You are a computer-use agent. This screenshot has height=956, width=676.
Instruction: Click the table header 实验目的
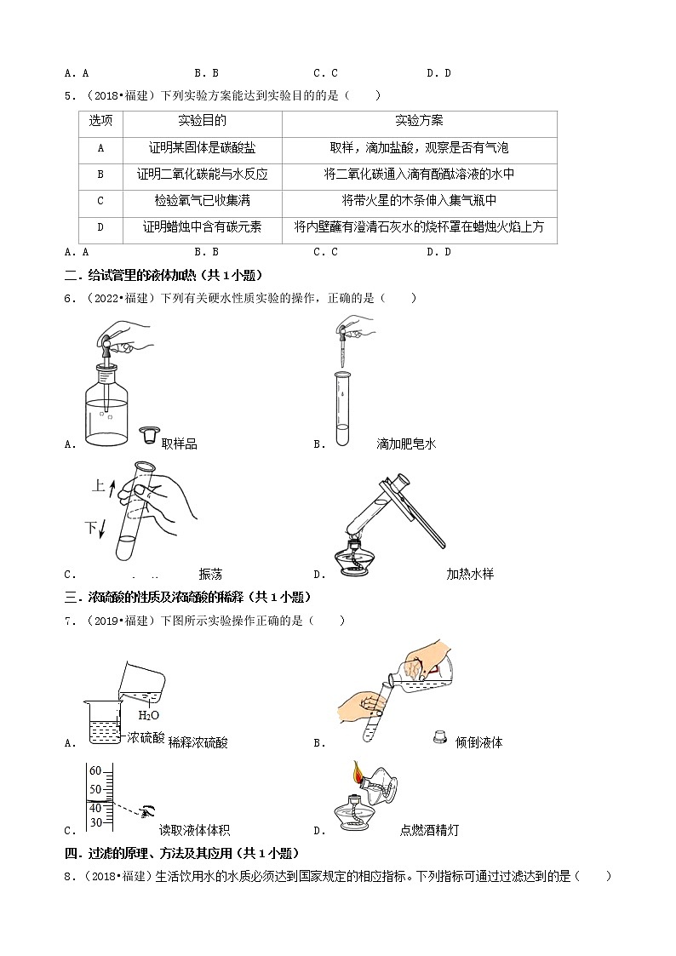click(203, 121)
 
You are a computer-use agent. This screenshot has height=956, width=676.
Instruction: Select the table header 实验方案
click(419, 121)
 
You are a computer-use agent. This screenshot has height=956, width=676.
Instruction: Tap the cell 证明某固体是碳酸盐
click(203, 147)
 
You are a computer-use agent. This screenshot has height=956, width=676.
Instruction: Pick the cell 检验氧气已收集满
click(203, 200)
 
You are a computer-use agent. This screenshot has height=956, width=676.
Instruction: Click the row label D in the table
click(100, 226)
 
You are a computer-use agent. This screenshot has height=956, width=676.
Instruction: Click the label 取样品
click(179, 444)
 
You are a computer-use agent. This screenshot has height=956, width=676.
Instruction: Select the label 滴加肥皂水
click(406, 444)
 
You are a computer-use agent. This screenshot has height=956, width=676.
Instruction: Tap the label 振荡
click(210, 575)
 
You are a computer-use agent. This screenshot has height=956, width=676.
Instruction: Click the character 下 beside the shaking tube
click(90, 529)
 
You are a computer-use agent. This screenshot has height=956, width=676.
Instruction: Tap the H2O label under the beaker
click(149, 716)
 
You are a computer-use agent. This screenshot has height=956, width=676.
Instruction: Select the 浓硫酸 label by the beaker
click(145, 738)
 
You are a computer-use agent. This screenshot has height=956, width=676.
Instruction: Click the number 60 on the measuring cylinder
click(95, 771)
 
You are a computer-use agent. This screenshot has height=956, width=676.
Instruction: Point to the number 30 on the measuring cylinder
click(95, 822)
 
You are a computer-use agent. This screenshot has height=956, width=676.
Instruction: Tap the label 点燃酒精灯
click(429, 831)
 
